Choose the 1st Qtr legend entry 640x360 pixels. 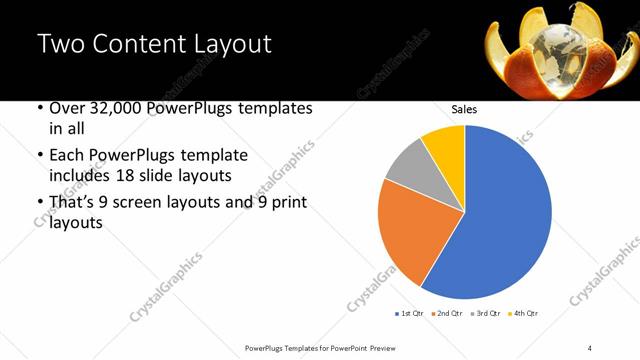[x=409, y=314]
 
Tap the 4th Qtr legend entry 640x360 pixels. [x=527, y=314]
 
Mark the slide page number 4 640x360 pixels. [x=590, y=347]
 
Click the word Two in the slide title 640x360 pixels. [x=59, y=44]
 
